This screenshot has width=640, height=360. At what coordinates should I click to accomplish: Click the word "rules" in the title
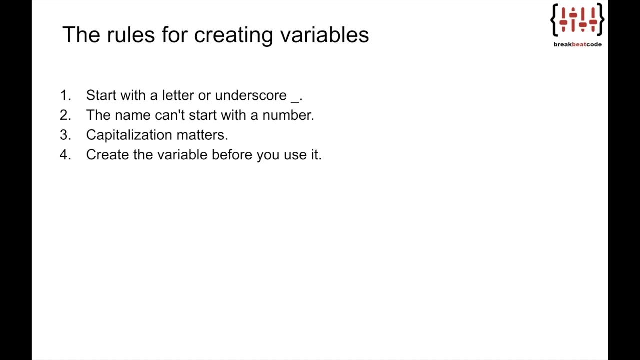coord(130,35)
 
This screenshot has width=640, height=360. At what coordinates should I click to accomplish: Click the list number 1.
coord(65,95)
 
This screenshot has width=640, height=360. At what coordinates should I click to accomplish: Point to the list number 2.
coord(65,115)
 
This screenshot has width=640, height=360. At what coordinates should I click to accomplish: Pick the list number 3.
coord(65,135)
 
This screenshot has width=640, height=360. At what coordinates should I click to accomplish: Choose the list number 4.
coord(65,155)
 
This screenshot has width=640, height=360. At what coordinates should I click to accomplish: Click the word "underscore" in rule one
coord(251,95)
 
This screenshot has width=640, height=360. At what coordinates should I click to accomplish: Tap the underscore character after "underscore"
coord(295,99)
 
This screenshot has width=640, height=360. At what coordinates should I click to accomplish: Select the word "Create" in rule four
coord(107,155)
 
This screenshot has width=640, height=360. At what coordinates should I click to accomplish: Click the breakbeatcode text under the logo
coord(577,44)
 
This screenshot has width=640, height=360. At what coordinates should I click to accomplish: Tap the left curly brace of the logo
coord(554,20)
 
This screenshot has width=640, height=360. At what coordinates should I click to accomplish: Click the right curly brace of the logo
coord(601,20)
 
